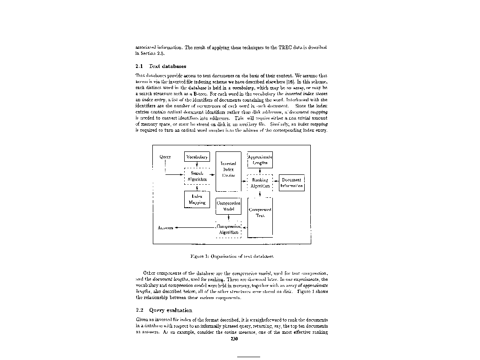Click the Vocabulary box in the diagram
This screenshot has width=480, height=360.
(197, 157)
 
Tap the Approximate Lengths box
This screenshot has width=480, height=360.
(260, 160)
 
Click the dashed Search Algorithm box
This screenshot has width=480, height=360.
(197, 176)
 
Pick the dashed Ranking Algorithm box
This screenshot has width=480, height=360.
(260, 183)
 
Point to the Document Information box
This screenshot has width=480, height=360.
(292, 183)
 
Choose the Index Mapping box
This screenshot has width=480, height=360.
(197, 200)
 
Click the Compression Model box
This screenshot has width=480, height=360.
(228, 206)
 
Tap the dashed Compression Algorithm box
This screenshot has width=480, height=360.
(228, 229)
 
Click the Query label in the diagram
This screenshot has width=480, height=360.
(165, 157)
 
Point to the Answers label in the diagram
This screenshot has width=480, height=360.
(165, 228)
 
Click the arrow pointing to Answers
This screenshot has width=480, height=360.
(195, 228)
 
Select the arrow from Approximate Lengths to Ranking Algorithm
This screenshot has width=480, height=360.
(260, 172)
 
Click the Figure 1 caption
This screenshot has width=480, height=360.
(232, 256)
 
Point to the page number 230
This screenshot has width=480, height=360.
(236, 339)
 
